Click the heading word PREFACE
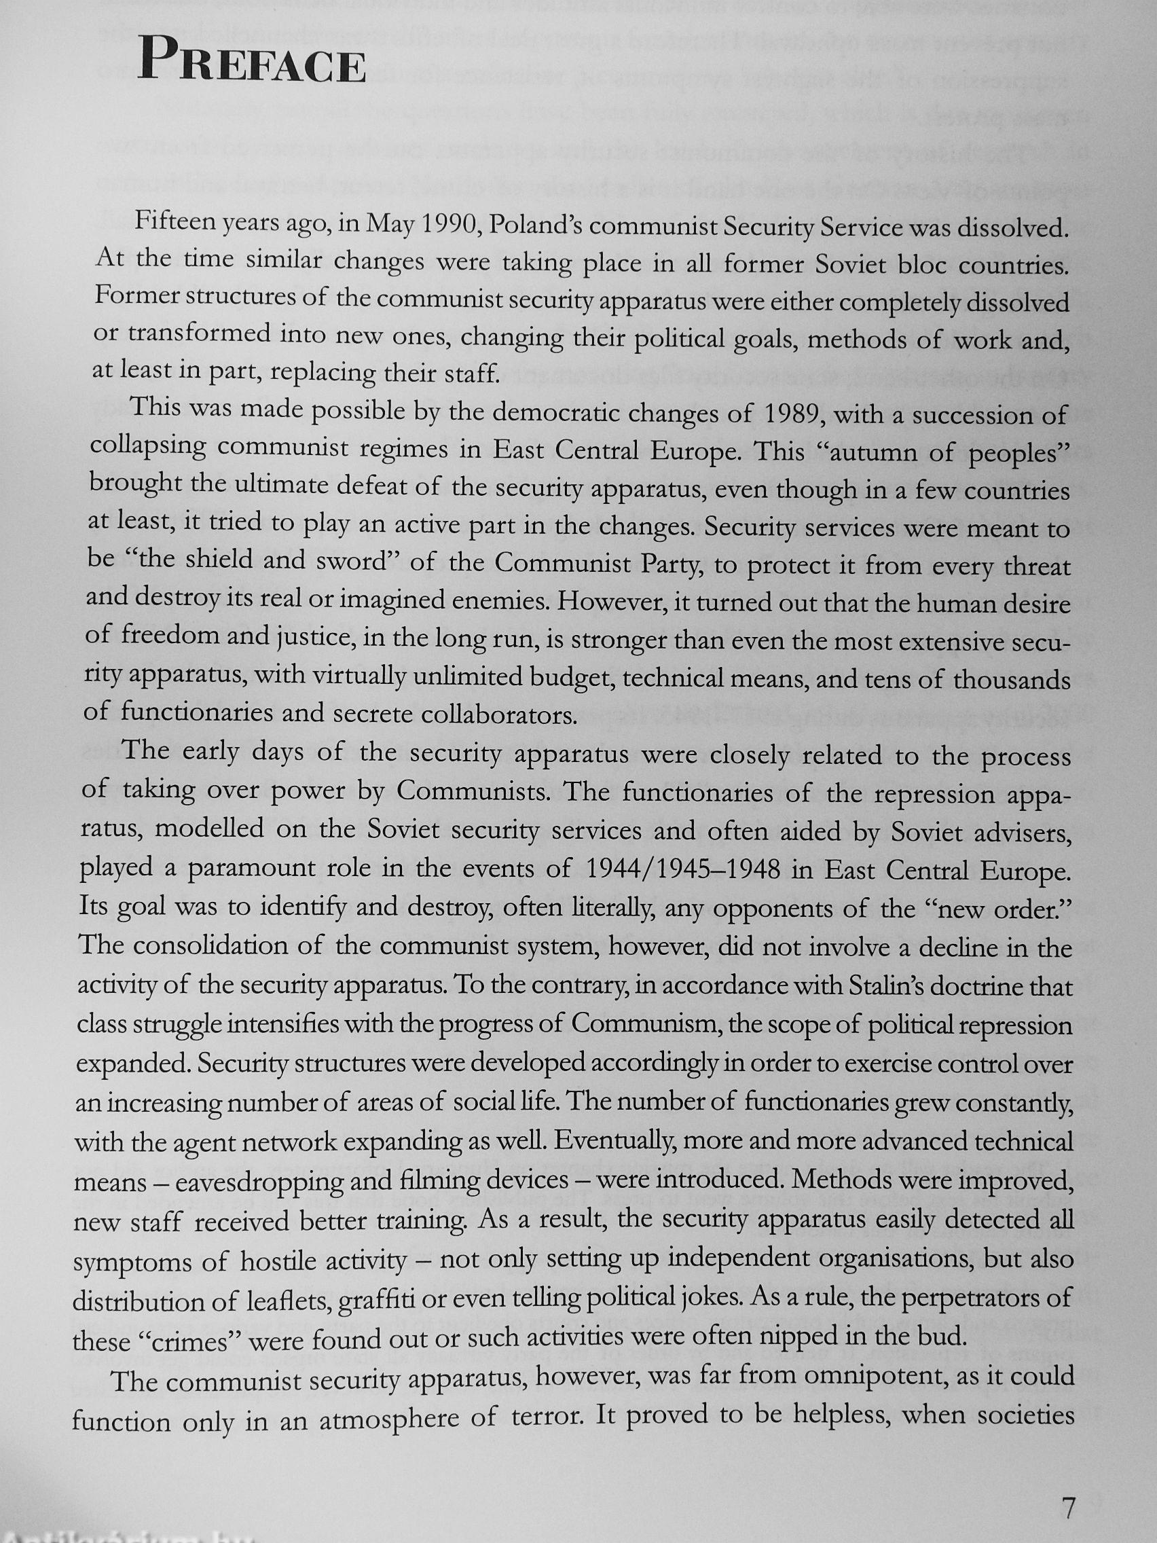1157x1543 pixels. click(252, 69)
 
